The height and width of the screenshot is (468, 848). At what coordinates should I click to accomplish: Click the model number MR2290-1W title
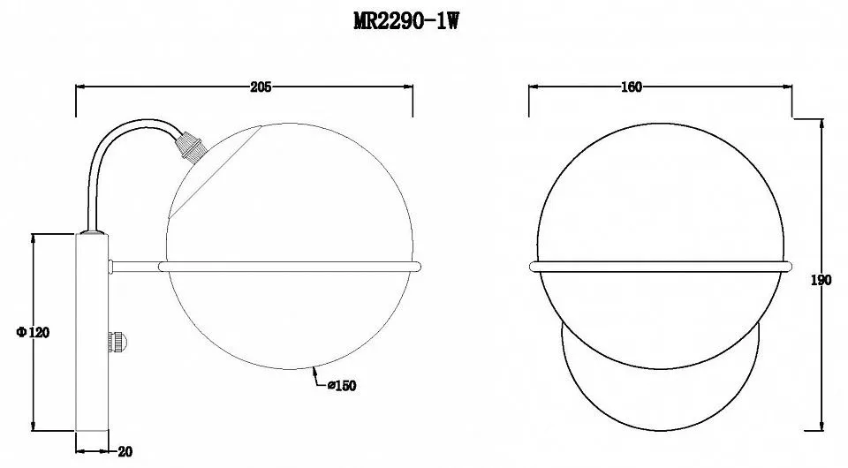[406, 21]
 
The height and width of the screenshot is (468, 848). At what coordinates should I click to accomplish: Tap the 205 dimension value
[261, 87]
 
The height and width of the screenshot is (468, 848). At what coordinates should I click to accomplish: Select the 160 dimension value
[632, 87]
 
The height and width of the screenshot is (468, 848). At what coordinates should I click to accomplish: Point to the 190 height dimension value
[821, 281]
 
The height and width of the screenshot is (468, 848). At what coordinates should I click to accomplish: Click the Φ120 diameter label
[33, 332]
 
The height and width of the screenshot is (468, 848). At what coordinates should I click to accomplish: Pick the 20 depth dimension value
[125, 452]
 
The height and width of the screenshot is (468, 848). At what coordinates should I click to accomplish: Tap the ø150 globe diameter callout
[343, 386]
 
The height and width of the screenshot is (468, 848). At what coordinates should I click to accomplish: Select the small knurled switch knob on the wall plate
[117, 342]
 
